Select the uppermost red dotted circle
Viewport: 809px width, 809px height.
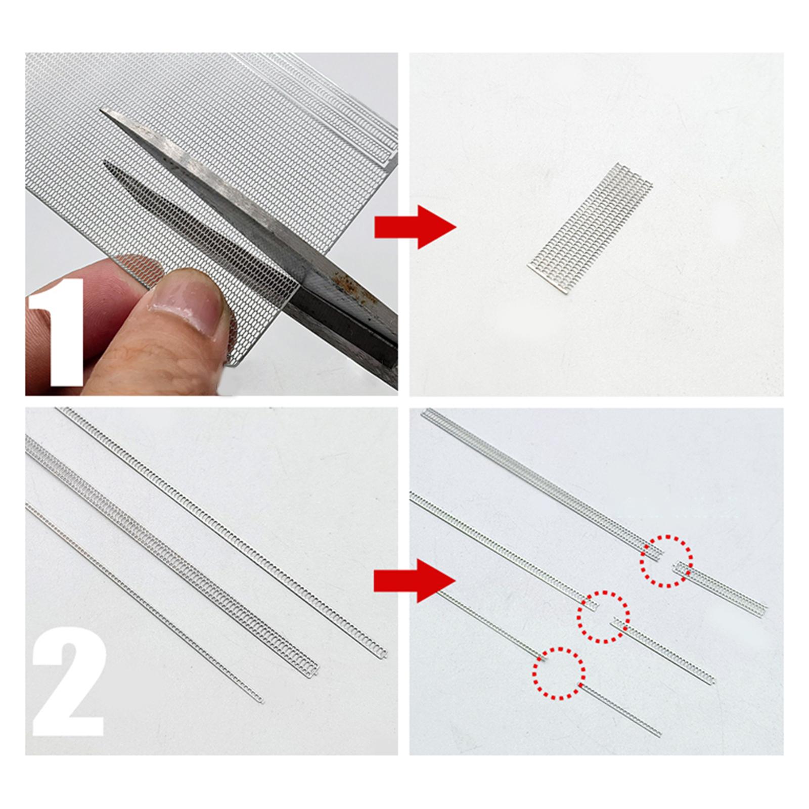coord(666,561)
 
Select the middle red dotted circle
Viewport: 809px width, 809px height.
coord(604,616)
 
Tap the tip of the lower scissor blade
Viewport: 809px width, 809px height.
coord(105,163)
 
